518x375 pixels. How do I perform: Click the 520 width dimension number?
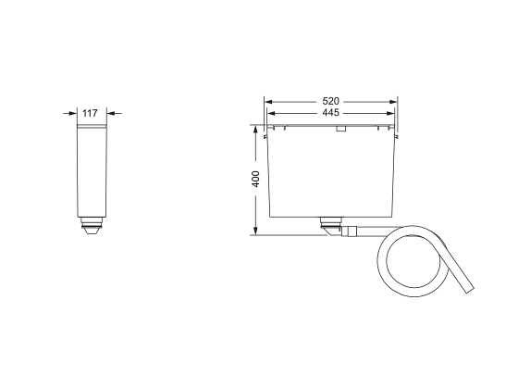tap(330, 100)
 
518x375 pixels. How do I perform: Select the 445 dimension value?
tap(330, 112)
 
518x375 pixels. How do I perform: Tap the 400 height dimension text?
tap(256, 180)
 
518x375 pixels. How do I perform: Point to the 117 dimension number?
tap(90, 112)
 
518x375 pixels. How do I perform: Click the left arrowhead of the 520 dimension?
tap(268, 100)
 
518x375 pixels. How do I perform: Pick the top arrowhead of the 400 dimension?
tap(256, 131)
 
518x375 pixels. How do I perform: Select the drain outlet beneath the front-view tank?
tap(329, 223)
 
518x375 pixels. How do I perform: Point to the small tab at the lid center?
tap(340, 130)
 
